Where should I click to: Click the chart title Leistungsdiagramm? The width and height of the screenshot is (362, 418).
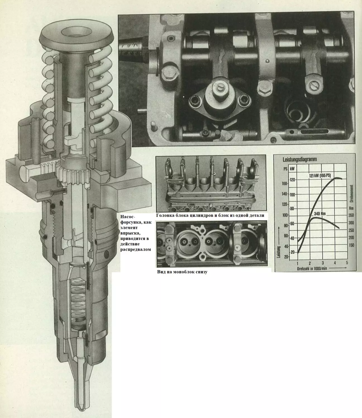pos(299,159)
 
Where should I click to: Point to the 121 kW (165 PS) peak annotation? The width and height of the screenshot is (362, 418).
pos(320,175)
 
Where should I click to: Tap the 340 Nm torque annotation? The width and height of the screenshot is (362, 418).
pos(320,213)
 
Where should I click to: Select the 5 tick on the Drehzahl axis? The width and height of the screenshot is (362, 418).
pos(347,262)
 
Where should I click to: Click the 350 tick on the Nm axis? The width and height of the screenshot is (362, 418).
pos(351,215)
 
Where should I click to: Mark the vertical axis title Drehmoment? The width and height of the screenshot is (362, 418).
pos(351,193)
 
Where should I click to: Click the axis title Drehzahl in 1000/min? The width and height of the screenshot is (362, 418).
pos(312,269)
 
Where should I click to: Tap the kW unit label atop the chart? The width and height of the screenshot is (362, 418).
pos(292,168)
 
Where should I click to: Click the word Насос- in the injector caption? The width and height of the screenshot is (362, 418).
pos(127,217)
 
